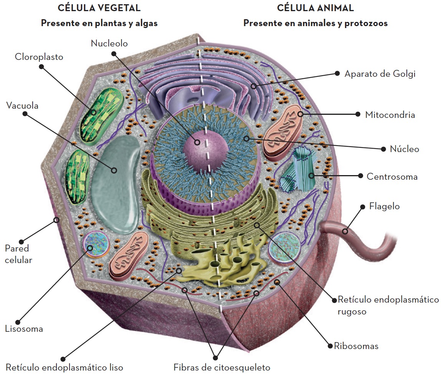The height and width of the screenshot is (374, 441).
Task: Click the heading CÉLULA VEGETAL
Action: pos(99,8)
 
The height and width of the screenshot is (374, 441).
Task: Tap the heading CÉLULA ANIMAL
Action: pos(315,8)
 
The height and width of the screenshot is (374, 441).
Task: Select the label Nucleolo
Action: pos(109,43)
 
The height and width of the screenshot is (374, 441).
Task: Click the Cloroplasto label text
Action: pos(39,57)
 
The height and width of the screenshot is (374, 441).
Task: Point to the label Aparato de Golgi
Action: pos(380,74)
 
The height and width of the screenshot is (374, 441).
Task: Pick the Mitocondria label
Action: pos(390,114)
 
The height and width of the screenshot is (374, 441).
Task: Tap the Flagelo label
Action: pos(384,207)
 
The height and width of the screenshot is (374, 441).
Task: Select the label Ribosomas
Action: pos(356,346)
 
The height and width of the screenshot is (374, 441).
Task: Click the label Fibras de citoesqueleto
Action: pos(222,367)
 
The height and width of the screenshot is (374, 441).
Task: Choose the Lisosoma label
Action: pos(24,329)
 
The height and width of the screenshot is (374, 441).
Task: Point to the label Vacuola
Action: pos(22,106)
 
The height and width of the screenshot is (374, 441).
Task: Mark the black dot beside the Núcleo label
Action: pos(383,149)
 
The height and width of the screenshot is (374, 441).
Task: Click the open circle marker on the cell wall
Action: pos(56,220)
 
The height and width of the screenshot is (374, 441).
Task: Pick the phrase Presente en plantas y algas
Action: pos(99,23)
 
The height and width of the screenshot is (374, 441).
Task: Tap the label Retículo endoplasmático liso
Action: pos(65,367)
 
